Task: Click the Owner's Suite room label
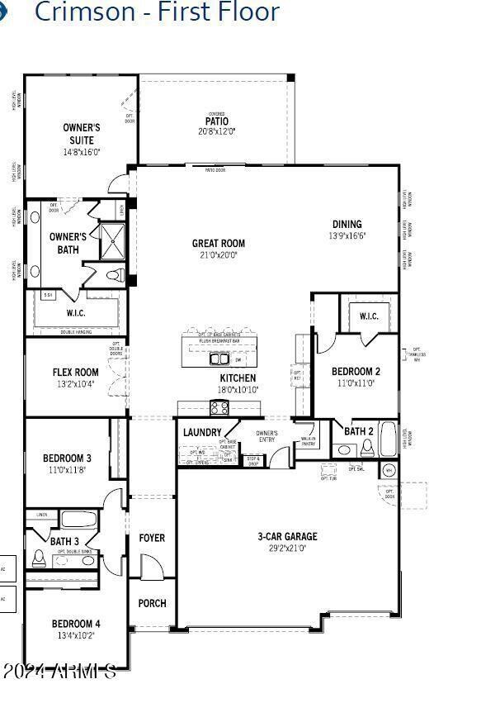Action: (x=81, y=134)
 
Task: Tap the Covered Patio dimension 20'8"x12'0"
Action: (x=217, y=131)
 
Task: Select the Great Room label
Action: (x=218, y=244)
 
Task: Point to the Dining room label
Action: (x=347, y=224)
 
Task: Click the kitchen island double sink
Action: (x=219, y=359)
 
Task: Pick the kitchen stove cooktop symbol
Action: (x=219, y=407)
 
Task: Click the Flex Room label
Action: (x=75, y=373)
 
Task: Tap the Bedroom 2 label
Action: (x=356, y=372)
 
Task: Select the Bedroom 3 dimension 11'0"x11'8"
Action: (x=66, y=470)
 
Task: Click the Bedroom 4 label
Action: (x=76, y=624)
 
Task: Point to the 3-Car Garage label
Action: (x=287, y=537)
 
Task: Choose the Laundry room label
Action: (x=202, y=432)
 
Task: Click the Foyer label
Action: (x=151, y=538)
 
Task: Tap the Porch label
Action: (x=151, y=603)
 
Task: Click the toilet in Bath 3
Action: (x=37, y=558)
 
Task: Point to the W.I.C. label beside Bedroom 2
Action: (x=368, y=316)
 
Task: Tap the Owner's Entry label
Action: (x=267, y=436)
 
